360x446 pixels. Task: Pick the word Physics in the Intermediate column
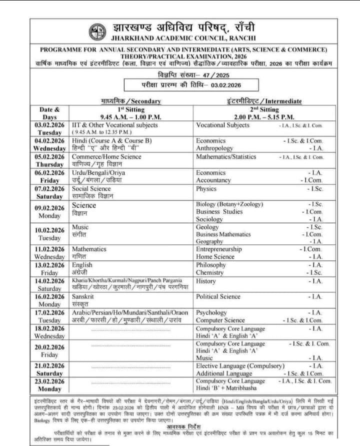pos(206,189)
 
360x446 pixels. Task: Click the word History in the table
pos(205,281)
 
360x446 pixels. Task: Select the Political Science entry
pos(218,296)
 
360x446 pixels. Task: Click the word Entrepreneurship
pos(219,249)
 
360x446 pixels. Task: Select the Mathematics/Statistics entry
pos(226,156)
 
